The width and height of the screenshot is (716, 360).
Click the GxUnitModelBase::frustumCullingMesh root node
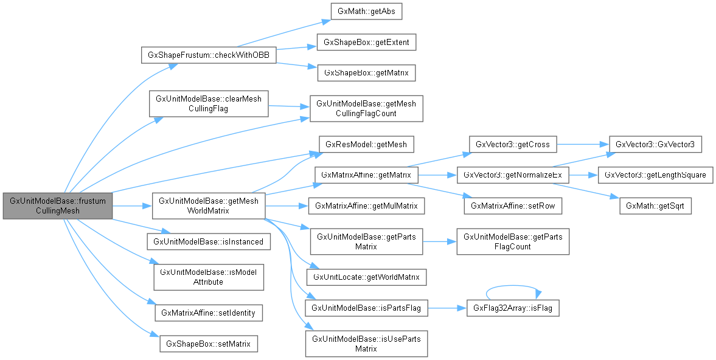pos(58,206)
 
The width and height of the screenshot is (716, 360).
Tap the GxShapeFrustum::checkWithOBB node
pos(209,55)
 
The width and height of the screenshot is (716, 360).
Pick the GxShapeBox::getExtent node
pos(367,43)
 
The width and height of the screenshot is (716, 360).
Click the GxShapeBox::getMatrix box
pos(367,72)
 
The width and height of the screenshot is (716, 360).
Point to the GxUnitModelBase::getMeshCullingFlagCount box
pos(367,108)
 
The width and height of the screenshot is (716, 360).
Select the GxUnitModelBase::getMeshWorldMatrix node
pos(208,206)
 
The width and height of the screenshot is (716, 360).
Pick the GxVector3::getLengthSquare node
pos(655,175)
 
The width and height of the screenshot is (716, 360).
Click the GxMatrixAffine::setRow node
pos(513,206)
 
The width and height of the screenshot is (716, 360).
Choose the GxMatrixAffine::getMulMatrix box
pos(366,206)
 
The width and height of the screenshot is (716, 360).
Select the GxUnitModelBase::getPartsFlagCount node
pos(512,241)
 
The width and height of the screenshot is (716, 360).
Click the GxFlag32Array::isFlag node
pos(512,308)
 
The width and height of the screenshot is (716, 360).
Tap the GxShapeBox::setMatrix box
pos(208,343)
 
